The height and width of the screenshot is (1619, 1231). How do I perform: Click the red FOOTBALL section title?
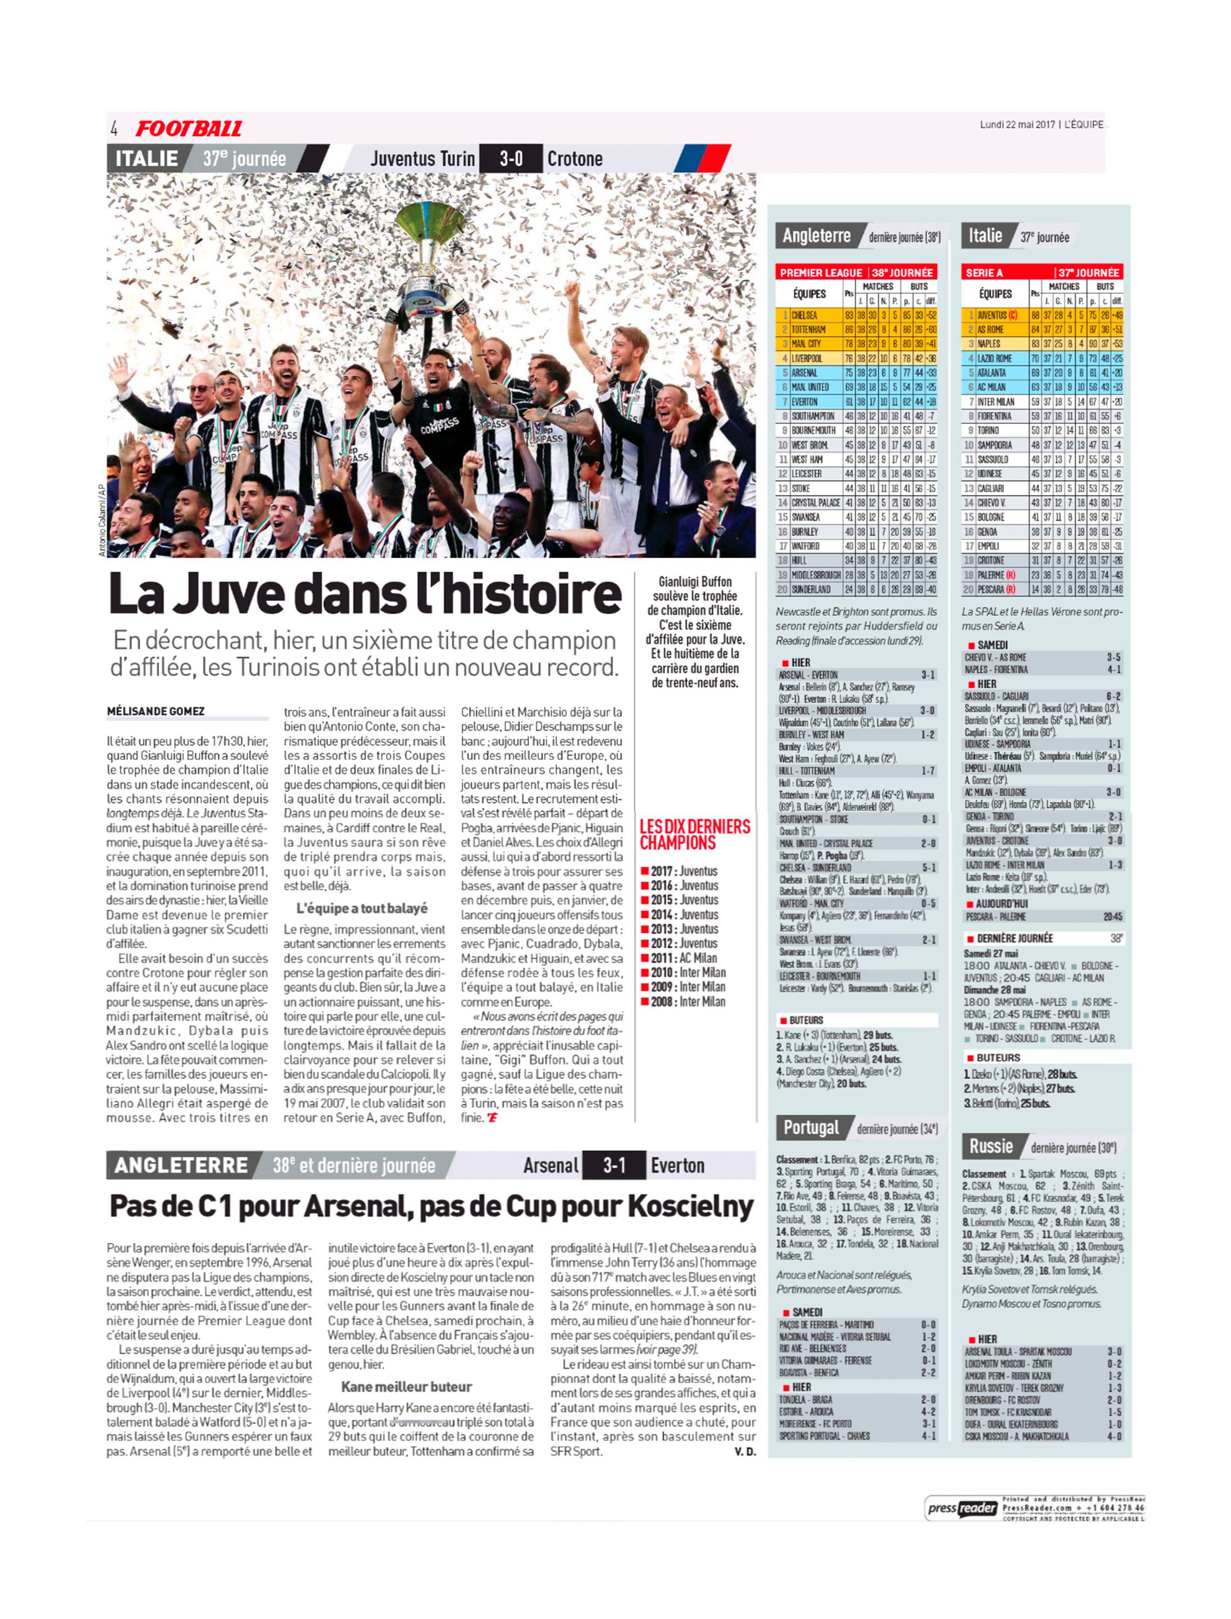[x=188, y=129]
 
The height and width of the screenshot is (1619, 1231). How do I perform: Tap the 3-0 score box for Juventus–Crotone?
[x=511, y=158]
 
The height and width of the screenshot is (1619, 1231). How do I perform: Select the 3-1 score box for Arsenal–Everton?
[x=613, y=1165]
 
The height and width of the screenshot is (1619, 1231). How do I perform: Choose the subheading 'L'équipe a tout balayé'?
[x=361, y=909]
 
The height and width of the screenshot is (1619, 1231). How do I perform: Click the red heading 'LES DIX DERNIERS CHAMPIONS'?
[x=695, y=835]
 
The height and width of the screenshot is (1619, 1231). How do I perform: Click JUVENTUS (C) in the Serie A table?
[x=997, y=315]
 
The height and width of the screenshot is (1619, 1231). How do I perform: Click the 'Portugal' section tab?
[x=811, y=1127]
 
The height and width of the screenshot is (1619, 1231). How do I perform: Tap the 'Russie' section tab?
[x=991, y=1147]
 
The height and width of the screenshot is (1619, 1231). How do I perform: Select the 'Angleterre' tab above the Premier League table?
[x=816, y=236]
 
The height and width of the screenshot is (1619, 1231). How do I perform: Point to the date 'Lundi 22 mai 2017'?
[x=1016, y=125]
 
